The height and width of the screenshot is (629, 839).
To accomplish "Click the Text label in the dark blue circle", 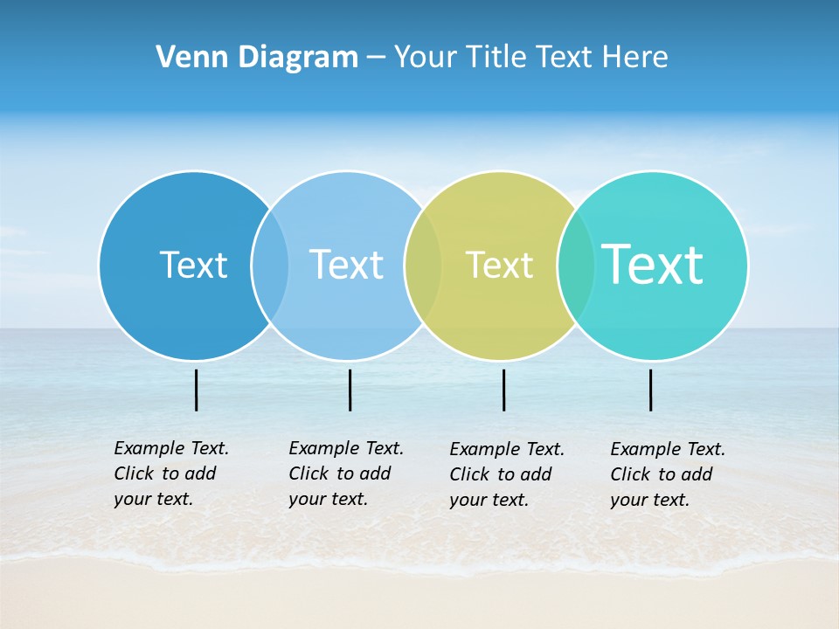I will (x=193, y=265).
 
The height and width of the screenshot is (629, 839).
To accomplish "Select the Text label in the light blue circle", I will (x=346, y=265).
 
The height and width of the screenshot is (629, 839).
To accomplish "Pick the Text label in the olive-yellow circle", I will (x=499, y=265).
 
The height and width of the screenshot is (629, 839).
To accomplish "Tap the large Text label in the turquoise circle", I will (x=653, y=264).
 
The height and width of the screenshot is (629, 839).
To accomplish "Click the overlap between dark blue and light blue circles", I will (x=270, y=265).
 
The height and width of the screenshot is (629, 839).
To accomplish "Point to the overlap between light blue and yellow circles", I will (x=423, y=265).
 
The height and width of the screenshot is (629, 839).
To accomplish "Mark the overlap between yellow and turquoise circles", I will (x=576, y=265).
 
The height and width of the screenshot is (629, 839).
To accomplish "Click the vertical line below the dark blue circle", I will (x=197, y=390).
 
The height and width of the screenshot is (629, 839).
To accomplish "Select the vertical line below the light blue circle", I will (x=350, y=390).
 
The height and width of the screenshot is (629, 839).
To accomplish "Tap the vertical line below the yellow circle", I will (x=503, y=390).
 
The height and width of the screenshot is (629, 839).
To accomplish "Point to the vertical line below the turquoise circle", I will (x=650, y=390).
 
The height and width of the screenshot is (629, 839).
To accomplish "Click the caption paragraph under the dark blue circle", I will (x=170, y=473).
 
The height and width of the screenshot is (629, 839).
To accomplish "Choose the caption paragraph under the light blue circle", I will (x=345, y=473).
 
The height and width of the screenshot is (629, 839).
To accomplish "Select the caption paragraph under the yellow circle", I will (x=506, y=474).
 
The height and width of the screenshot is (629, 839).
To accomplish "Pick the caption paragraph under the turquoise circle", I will (x=667, y=474).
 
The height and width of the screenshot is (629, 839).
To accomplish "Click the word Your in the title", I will (x=426, y=57).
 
